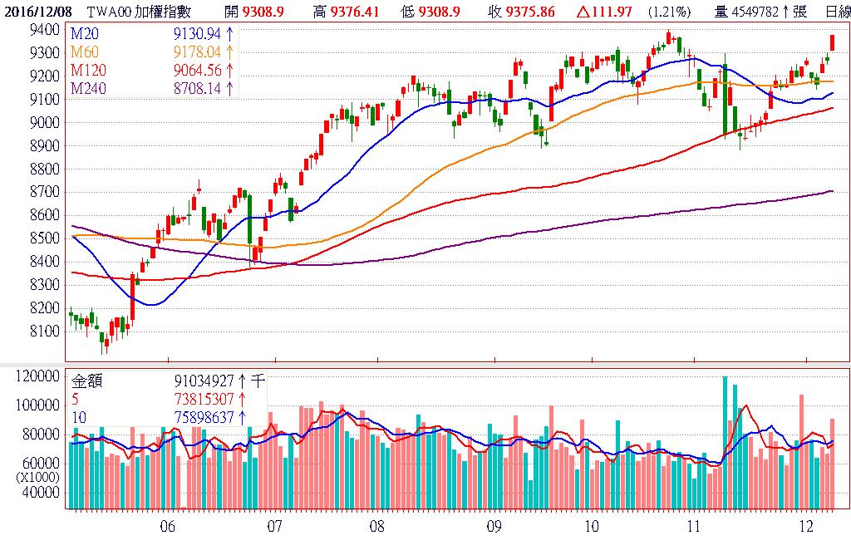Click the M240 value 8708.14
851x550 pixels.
199,88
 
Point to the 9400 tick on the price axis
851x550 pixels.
44,29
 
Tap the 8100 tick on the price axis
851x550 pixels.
44,331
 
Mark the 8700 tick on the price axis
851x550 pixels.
44,192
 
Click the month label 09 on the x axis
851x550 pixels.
494,527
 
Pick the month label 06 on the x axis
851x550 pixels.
167,527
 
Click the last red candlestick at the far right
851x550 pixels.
832,42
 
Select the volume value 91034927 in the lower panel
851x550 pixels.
204,381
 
